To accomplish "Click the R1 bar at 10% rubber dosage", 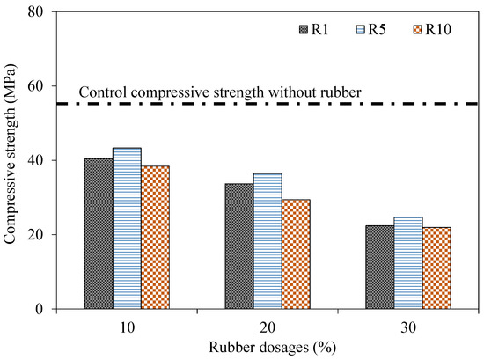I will coord(99,233).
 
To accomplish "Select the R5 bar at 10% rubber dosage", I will coord(127,228).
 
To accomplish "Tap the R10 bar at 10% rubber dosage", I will coord(155,237).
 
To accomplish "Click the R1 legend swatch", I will coord(305,30).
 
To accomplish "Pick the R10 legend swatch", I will coord(417,30).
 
